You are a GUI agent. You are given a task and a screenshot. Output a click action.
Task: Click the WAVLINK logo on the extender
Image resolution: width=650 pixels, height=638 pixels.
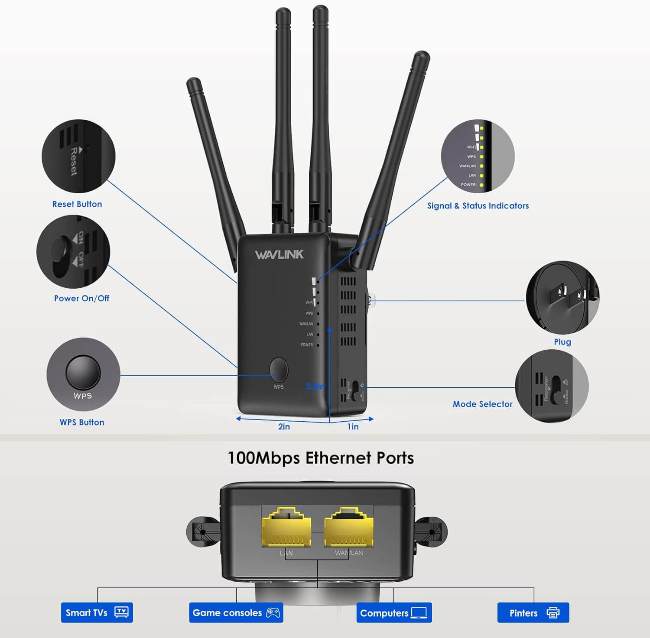coord(279,254)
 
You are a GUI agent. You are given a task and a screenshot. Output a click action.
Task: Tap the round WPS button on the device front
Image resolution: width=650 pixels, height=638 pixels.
coord(279,369)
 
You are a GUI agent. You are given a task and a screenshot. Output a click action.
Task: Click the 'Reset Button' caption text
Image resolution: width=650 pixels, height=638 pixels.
coord(77,204)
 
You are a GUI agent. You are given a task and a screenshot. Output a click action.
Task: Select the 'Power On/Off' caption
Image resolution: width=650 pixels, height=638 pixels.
coord(81,298)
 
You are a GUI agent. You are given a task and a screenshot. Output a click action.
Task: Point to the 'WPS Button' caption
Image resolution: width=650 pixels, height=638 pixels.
coord(82,422)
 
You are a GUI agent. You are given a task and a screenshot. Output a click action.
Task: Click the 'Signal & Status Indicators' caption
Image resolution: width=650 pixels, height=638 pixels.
coord(478,206)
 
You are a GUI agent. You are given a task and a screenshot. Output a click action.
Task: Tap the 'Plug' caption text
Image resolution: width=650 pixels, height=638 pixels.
coord(562,342)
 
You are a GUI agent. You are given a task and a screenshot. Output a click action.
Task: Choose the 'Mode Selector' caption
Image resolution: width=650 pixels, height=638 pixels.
coord(482,404)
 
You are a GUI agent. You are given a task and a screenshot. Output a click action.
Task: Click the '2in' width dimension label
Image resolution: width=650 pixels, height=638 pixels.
coord(284,427)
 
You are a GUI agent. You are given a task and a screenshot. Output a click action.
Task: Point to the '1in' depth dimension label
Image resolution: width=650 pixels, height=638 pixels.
coord(353,427)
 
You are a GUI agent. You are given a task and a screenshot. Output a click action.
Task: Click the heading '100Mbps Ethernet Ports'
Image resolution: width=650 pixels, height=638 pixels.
coord(321,458)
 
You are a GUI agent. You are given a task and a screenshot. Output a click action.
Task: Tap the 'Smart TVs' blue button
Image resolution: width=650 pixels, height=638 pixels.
coord(97,612)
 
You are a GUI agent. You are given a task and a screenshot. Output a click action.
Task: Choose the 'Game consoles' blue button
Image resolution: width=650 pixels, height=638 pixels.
coord(236,612)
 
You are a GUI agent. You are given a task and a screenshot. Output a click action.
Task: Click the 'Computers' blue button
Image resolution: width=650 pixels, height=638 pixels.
coord(394,613)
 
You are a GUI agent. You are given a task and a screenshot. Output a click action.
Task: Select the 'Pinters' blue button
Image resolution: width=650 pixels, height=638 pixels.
coord(533,613)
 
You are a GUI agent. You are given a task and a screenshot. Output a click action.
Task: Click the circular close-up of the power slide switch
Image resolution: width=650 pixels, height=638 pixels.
coord(73,252)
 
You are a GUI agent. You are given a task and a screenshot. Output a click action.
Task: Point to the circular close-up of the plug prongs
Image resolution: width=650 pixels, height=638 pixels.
coord(562,297)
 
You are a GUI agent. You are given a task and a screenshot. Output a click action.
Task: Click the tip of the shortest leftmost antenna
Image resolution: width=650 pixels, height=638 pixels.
coord(193,82)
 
